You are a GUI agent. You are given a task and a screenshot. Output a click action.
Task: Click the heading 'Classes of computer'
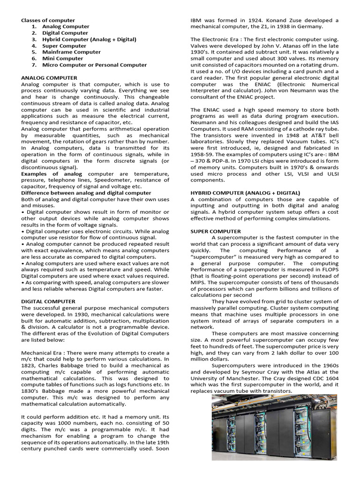[48, 20]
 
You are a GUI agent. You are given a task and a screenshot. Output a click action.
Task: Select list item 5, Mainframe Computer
[71, 52]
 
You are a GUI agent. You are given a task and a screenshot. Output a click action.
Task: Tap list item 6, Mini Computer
[62, 59]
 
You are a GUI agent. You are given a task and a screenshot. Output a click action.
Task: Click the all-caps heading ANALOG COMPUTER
[49, 77]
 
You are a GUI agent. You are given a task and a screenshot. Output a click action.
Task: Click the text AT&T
[293, 135]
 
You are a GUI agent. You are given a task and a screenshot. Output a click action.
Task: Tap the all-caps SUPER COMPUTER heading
[216, 231]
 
